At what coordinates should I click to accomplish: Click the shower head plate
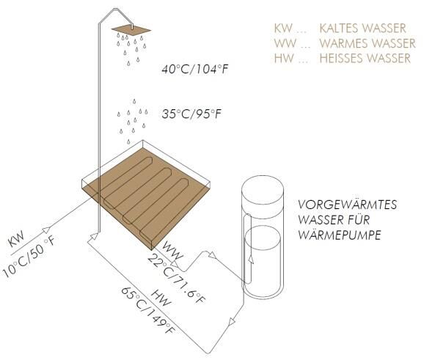[x=131, y=30]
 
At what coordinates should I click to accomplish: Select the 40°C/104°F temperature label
[x=194, y=69]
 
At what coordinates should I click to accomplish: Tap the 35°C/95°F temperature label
[x=191, y=114]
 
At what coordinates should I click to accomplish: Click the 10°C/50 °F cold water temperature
[x=29, y=256]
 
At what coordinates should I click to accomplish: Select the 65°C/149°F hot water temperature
[x=149, y=310]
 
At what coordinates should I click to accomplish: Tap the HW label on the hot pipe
[x=161, y=298]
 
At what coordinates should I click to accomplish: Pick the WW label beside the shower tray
[x=173, y=251]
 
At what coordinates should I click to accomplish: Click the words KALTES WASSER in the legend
[x=363, y=29]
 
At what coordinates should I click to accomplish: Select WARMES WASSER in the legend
[x=368, y=43]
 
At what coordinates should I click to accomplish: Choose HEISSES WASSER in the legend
[x=365, y=58]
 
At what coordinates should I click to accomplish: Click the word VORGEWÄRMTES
[x=347, y=205]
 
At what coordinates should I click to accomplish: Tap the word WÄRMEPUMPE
[x=340, y=235]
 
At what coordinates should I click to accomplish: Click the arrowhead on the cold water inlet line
[x=46, y=229]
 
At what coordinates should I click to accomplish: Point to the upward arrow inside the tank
[x=251, y=259]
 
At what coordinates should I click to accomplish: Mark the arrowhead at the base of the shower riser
[x=94, y=236]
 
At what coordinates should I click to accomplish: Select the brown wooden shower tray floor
[x=146, y=196]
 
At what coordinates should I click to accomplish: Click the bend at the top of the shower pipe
[x=115, y=9]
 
